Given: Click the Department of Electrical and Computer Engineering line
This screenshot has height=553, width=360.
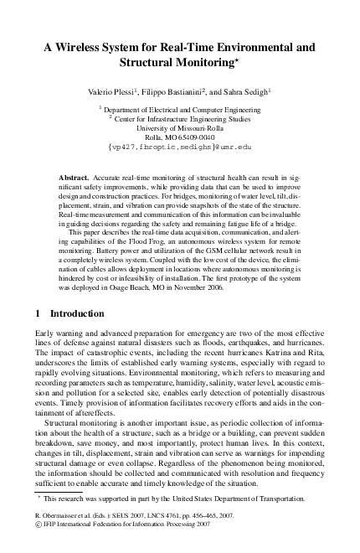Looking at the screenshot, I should (x=181, y=109).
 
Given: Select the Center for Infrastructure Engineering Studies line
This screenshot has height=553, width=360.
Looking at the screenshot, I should (x=181, y=118).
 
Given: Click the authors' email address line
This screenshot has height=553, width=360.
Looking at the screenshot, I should (x=180, y=146).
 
